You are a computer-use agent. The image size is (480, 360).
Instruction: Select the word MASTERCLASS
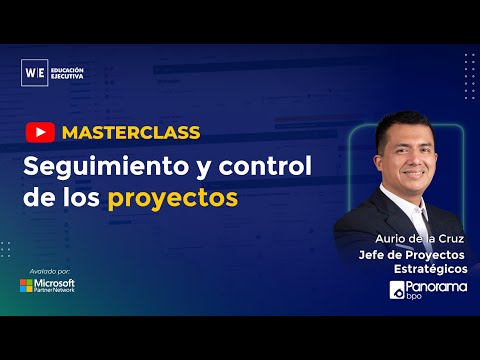(x=130, y=133)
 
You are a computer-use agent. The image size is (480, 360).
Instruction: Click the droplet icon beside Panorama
(x=397, y=291)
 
